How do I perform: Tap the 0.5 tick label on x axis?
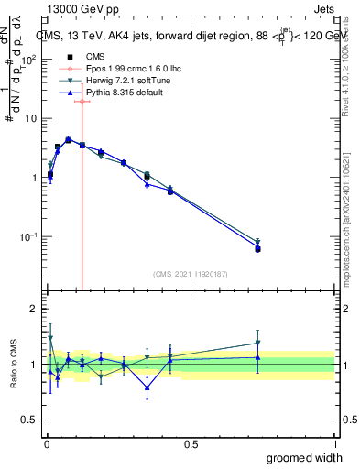(x=191, y=444)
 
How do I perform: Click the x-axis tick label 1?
(x=334, y=444)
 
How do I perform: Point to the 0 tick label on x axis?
(x=47, y=444)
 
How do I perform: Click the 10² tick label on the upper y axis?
(x=30, y=60)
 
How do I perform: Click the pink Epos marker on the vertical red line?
(x=82, y=102)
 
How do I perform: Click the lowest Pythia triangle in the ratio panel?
(x=147, y=387)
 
